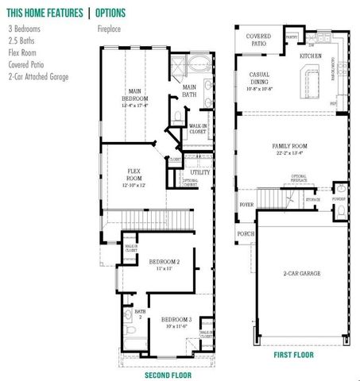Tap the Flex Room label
[x=134, y=175]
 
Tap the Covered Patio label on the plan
[x=258, y=40]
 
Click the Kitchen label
[x=310, y=57]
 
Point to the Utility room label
[x=199, y=171]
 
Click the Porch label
[x=246, y=235]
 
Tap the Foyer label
[x=246, y=204]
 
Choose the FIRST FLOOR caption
[x=293, y=354]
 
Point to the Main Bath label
[x=190, y=91]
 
